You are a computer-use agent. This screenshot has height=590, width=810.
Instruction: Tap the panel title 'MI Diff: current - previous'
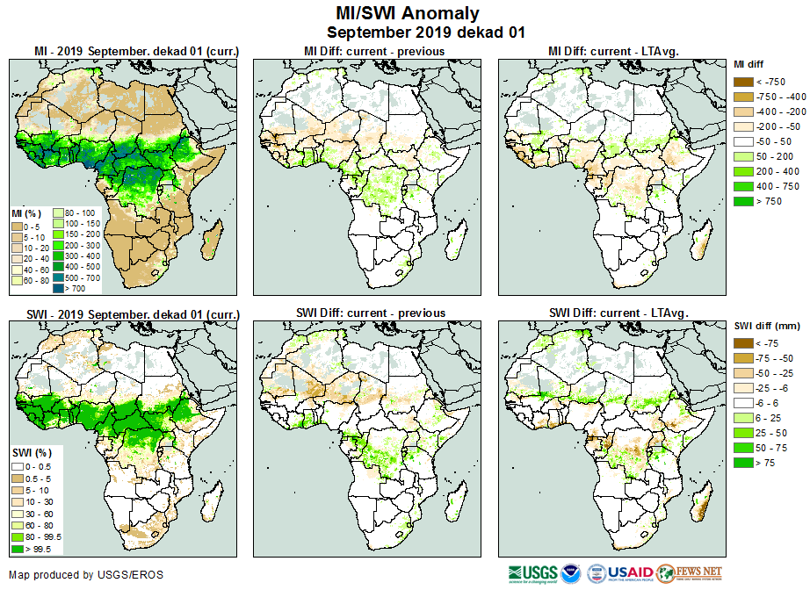373,51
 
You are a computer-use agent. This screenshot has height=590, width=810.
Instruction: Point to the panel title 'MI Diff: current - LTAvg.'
616,51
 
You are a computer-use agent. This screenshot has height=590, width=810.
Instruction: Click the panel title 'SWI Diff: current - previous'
373,313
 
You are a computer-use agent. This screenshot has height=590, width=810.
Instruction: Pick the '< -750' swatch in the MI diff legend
742,82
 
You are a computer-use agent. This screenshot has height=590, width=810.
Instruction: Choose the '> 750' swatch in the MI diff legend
742,201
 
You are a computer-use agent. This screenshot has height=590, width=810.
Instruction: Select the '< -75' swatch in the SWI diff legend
742,343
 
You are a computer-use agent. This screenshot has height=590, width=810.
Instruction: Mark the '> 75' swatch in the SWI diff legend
742,463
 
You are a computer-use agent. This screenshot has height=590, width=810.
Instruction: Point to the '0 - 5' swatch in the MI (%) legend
18,227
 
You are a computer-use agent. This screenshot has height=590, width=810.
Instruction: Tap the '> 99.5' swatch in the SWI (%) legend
18,550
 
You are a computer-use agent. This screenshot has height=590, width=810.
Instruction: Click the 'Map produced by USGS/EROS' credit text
86,575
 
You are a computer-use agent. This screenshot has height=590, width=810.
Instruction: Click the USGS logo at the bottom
531,575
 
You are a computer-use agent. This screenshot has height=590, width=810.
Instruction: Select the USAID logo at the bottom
630,574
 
